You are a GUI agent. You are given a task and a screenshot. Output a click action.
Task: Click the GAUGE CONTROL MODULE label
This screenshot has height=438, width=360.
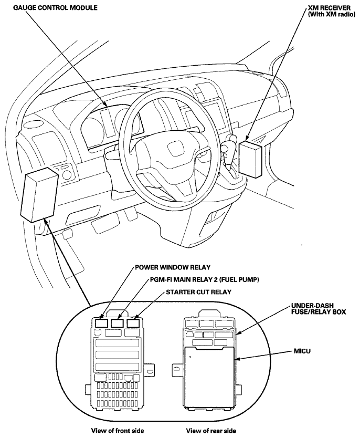[55, 7]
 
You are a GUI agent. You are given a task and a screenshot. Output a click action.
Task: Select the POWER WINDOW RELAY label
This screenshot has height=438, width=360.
[173, 267]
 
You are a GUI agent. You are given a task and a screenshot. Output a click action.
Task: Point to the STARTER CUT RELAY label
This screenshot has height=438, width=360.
[199, 292]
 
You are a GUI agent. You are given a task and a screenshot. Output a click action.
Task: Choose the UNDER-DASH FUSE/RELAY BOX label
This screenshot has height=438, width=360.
[319, 309]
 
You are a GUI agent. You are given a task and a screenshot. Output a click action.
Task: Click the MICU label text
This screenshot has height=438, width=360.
[302, 351]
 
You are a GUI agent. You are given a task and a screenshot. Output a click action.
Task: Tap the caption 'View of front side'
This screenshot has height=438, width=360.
[118, 431]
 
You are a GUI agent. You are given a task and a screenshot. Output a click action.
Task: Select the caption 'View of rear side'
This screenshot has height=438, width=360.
[211, 431]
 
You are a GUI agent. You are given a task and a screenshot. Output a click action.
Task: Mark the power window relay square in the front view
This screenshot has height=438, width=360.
[101, 323]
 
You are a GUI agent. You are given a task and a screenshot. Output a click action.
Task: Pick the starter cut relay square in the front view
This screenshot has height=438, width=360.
[133, 323]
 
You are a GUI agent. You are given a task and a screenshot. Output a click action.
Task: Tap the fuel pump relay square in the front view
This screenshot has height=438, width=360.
[117, 323]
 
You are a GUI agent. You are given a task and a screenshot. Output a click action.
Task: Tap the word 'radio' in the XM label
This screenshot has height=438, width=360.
[347, 15]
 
